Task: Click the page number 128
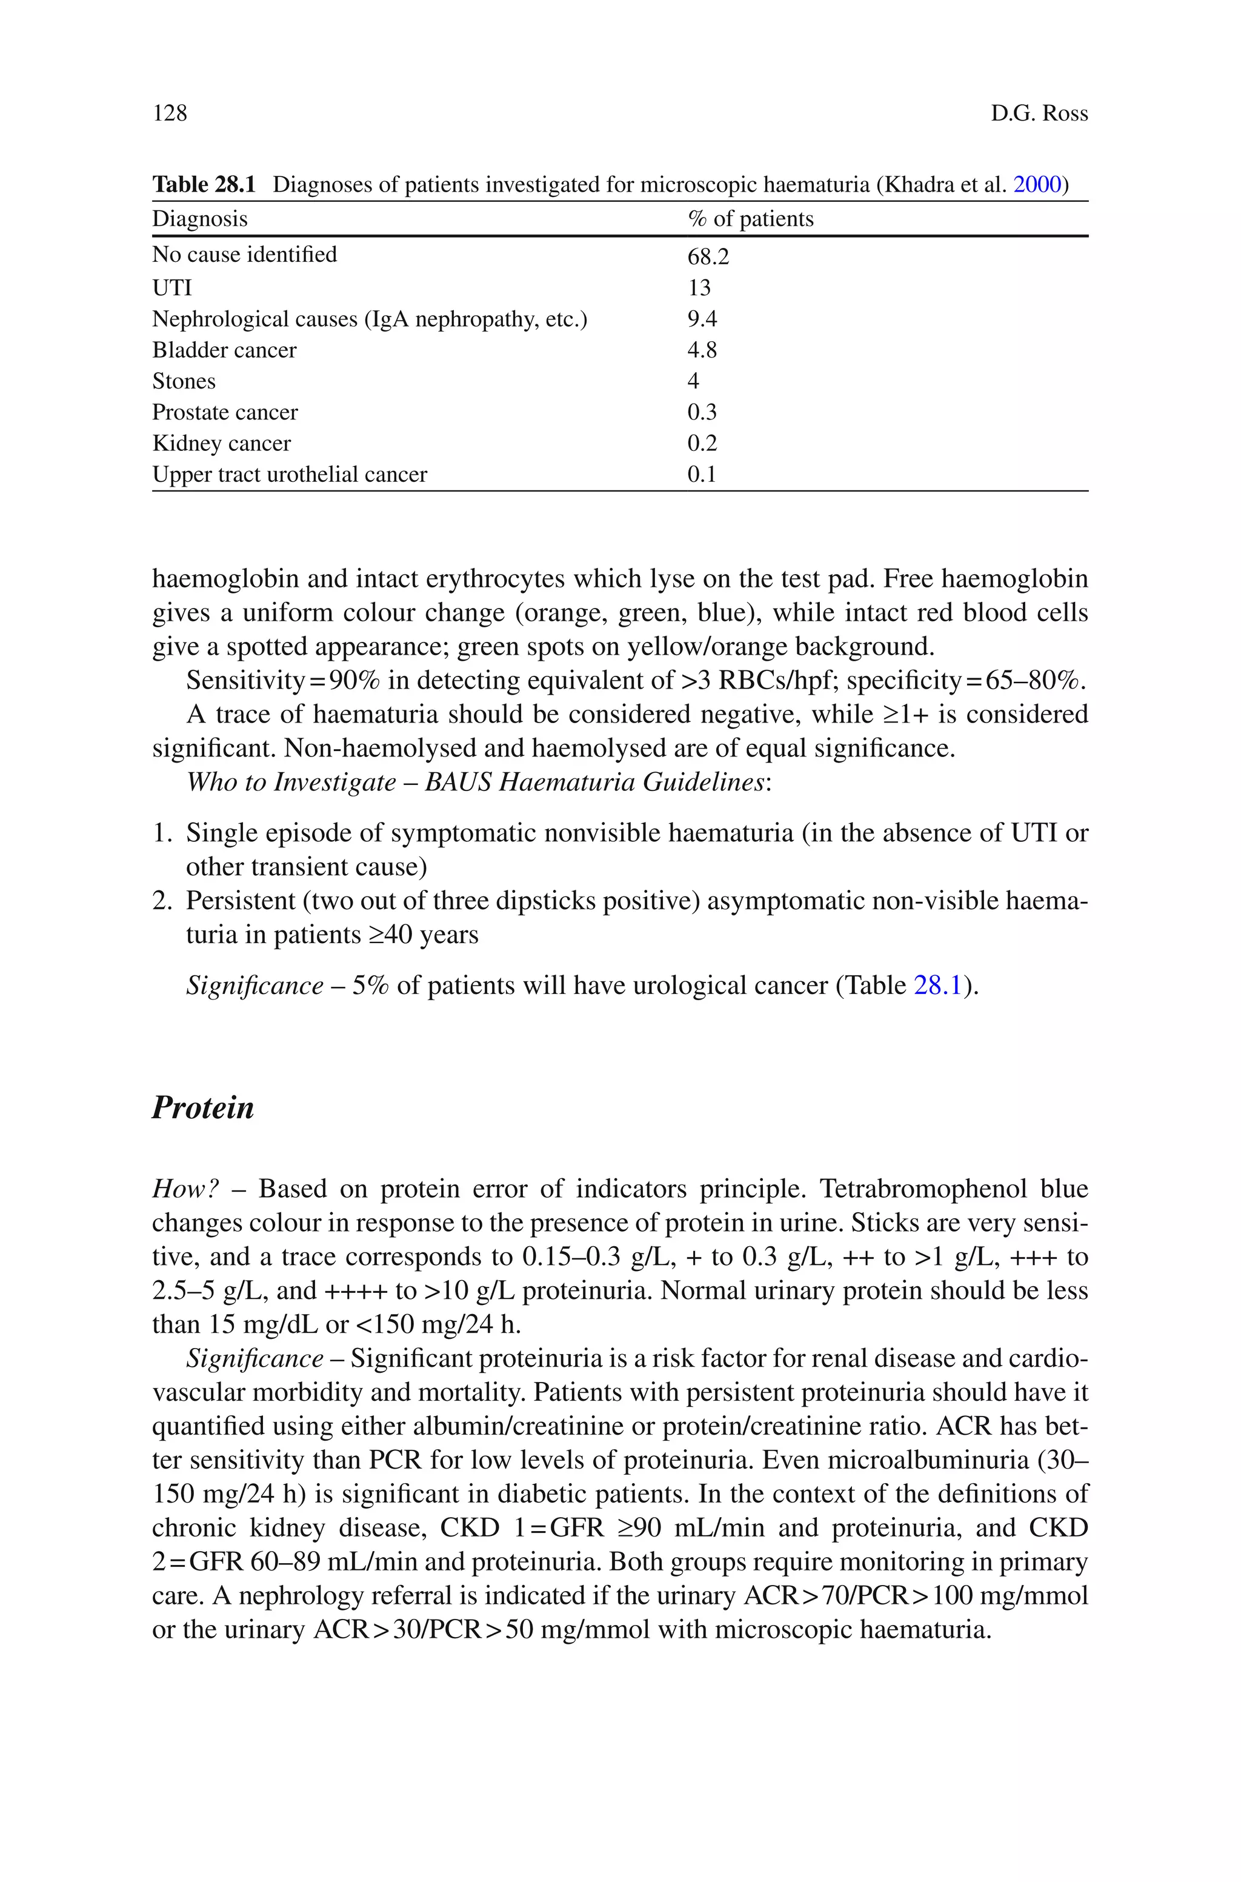click(170, 113)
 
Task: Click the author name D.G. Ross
click(1039, 113)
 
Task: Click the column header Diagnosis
click(199, 218)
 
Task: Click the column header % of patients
click(750, 218)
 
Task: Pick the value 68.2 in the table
click(708, 256)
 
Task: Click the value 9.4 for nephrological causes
click(702, 319)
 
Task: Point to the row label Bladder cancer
click(224, 350)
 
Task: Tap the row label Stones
click(184, 381)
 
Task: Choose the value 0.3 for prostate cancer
click(702, 412)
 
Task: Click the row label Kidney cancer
click(222, 443)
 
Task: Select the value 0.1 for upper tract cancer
click(702, 474)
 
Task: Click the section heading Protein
click(202, 1107)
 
